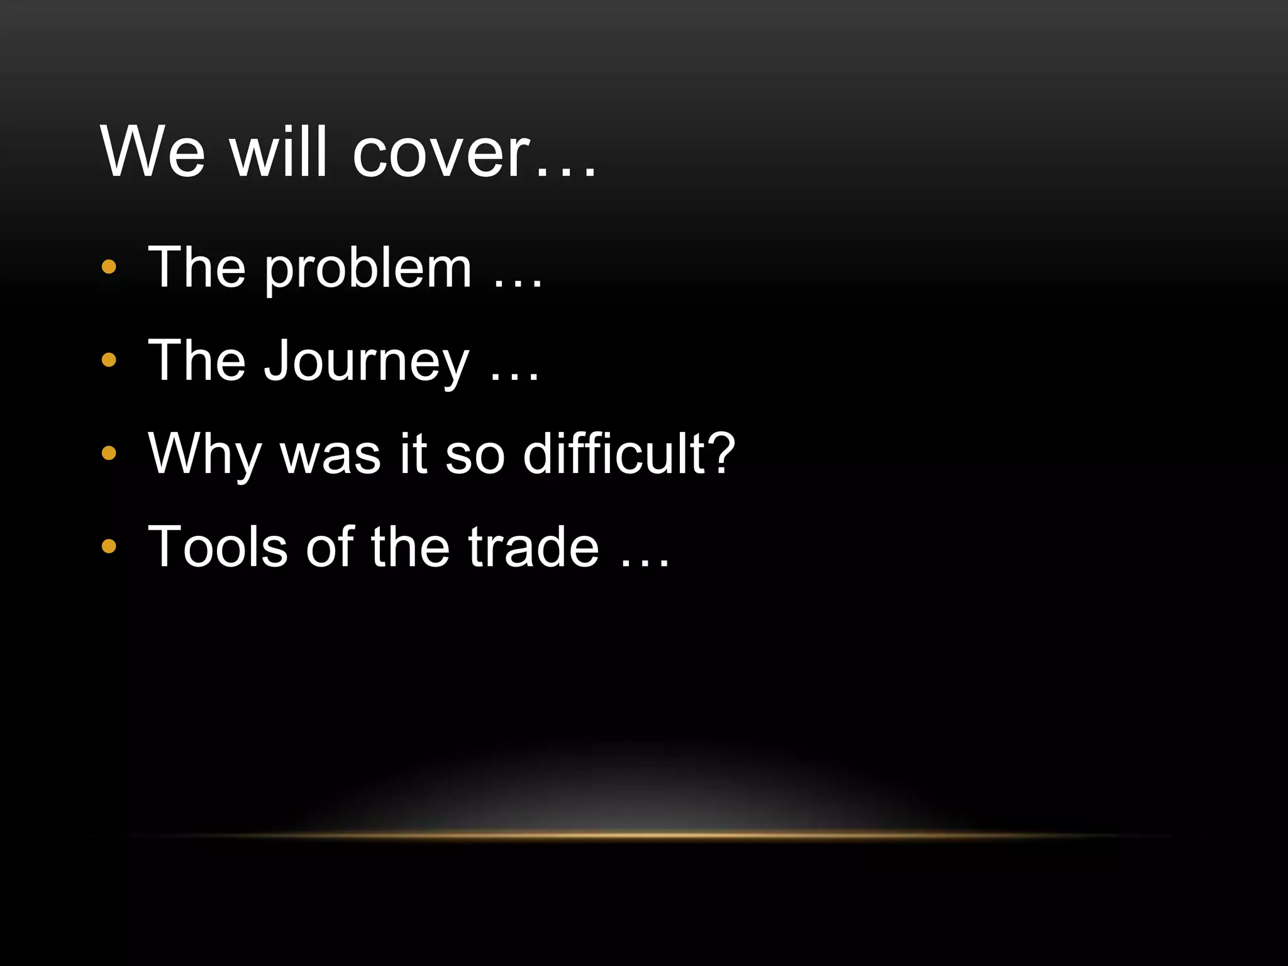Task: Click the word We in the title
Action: [153, 153]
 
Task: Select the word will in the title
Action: [279, 153]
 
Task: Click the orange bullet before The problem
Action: [109, 267]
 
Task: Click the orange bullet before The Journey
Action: [109, 360]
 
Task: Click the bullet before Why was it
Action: [109, 453]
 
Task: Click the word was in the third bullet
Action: [330, 456]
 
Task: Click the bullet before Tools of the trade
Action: [109, 547]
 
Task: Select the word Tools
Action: [218, 547]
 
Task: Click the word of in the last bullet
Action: [330, 547]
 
